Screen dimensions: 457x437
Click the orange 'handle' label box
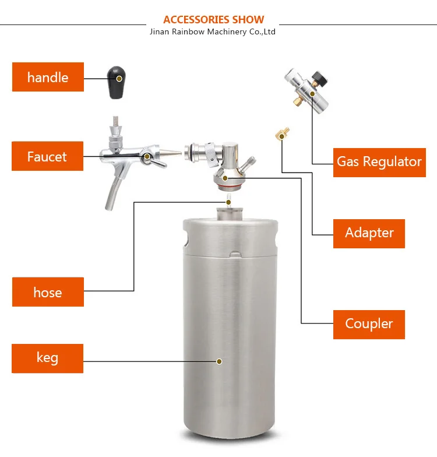(x=48, y=77)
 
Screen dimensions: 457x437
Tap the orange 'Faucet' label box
(x=47, y=156)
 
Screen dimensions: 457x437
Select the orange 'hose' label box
(x=48, y=291)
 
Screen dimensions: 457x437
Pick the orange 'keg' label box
(x=48, y=358)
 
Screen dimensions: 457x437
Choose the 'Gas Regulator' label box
(x=379, y=161)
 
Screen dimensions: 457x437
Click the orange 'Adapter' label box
(x=369, y=233)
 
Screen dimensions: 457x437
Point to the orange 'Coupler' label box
(x=369, y=324)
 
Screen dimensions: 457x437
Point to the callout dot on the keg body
(x=219, y=361)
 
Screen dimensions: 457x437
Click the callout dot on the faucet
(x=148, y=157)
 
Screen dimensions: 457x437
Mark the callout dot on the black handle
(x=119, y=78)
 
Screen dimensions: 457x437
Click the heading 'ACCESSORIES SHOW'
(x=213, y=20)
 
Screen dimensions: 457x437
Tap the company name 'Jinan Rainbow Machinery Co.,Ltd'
(x=213, y=31)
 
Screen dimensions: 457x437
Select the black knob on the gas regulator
(x=319, y=75)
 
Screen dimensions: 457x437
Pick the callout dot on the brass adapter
(x=281, y=136)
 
